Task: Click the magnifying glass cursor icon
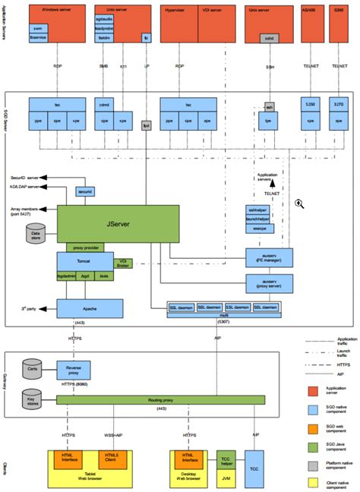pyautogui.click(x=300, y=203)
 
